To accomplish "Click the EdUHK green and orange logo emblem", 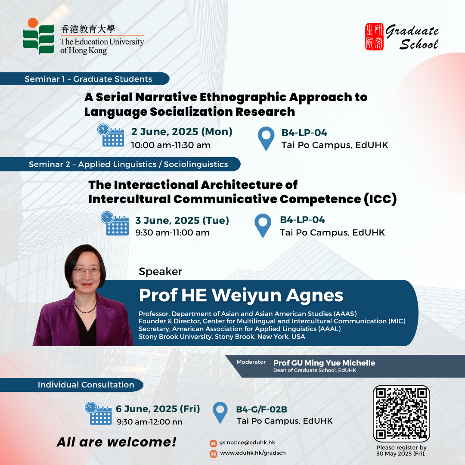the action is [39, 36].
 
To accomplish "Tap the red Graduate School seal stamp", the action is [374, 37].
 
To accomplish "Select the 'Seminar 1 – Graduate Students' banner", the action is [84, 79].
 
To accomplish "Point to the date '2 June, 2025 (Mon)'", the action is [182, 131].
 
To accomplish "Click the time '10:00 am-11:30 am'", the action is [171, 145].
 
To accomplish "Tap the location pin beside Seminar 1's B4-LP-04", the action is [266, 139].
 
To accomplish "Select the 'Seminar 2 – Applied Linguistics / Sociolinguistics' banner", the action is [120, 164].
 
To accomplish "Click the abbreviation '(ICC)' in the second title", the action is [380, 199].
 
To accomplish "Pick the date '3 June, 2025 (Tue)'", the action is [182, 220].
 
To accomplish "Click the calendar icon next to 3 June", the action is [115, 223].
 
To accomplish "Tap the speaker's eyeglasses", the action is [87, 271].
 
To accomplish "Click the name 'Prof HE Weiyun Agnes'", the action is [241, 295].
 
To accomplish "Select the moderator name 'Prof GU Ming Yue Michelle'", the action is [324, 363].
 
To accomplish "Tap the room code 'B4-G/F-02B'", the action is [262, 409].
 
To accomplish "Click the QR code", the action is [401, 414].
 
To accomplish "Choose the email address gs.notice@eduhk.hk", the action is [247, 443].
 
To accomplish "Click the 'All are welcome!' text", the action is [117, 442].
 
